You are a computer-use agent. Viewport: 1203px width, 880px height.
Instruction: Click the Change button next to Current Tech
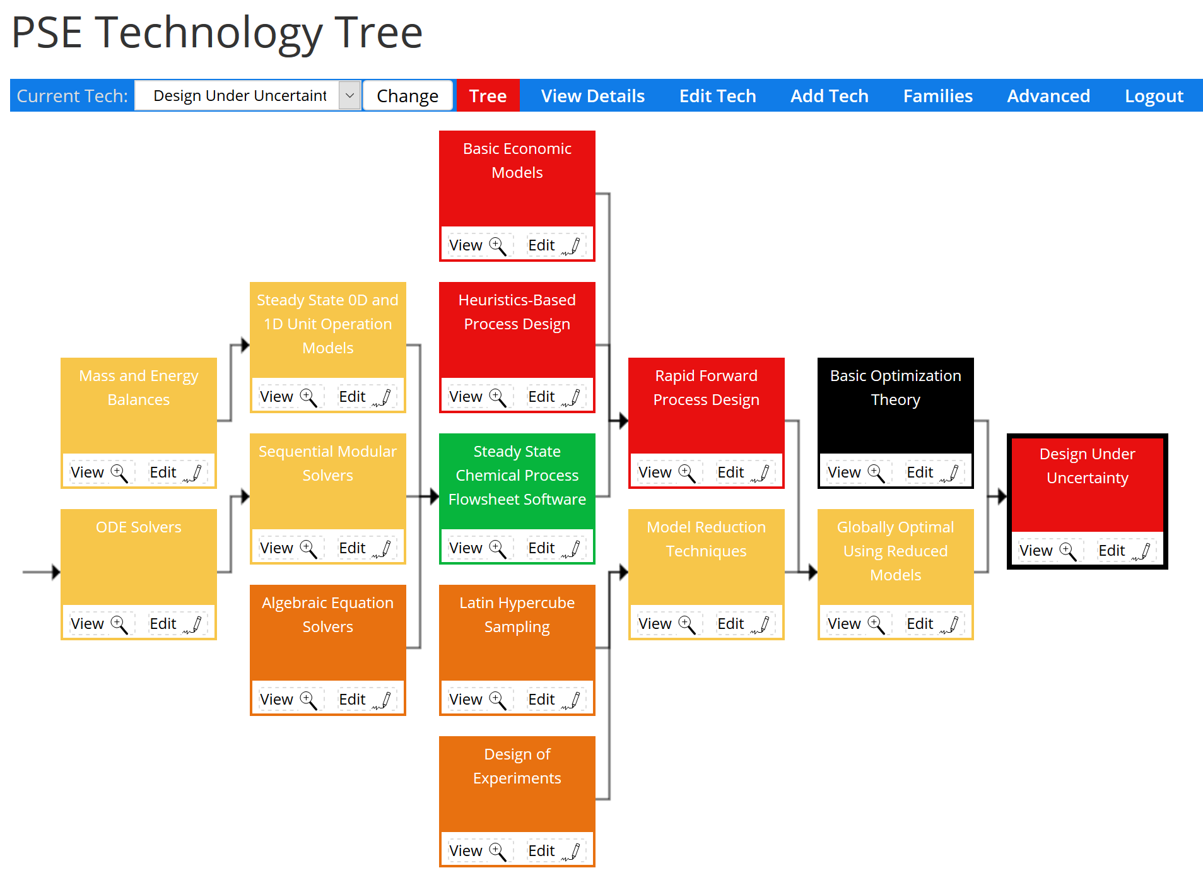coord(408,96)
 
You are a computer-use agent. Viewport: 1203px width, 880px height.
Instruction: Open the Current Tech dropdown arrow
coord(349,96)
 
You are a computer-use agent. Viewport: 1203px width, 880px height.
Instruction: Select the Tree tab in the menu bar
coord(488,96)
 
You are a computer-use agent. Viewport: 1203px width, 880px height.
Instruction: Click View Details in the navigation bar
coord(592,96)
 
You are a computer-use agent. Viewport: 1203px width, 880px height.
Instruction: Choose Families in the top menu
coord(937,96)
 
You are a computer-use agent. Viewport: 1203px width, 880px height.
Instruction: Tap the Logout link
coord(1154,96)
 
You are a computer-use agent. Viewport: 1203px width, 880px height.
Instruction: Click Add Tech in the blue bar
coord(829,96)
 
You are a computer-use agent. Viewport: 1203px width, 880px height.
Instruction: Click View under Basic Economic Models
coord(477,245)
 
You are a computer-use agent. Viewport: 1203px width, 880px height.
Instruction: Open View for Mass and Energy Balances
coord(98,472)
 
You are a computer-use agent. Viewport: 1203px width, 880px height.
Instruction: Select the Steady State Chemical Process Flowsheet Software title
coord(517,475)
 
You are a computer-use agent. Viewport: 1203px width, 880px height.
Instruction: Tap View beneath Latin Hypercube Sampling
coord(477,700)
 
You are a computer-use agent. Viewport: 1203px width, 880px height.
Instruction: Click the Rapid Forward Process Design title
coord(706,387)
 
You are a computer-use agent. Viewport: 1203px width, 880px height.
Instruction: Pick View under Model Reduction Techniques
coord(666,624)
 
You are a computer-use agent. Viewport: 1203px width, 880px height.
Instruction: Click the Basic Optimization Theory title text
coord(895,387)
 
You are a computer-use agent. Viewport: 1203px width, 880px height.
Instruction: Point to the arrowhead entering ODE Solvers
coord(56,572)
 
